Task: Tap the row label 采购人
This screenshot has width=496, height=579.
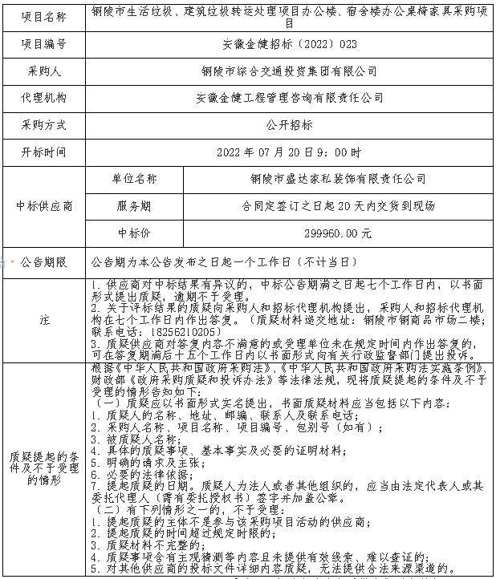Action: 45,71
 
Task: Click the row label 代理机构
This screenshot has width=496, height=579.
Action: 45,98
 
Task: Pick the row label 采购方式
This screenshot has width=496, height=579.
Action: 45,125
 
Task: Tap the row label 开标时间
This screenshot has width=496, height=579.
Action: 45,152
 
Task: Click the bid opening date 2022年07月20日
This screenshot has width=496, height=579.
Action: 268,152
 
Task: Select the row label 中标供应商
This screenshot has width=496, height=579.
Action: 45,206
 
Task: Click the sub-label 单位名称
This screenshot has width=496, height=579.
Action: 134,179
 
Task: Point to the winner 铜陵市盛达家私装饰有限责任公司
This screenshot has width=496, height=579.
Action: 338,179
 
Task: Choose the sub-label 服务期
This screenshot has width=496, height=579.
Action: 134,206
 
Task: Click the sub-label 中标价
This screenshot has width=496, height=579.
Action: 134,233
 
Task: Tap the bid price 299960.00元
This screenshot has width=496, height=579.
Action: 338,233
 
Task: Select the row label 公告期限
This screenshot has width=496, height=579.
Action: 45,261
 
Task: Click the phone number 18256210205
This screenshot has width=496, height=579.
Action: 183,331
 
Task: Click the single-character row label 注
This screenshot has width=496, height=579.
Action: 45,318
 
